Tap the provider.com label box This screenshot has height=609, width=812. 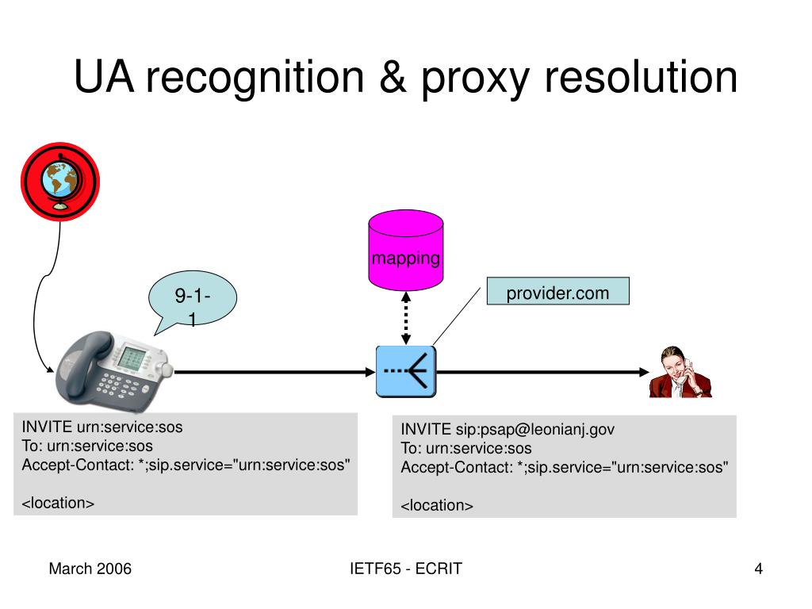point(557,293)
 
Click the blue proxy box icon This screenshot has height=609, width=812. point(406,371)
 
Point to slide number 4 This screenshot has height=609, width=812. point(759,569)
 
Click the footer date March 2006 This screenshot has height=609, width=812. point(90,569)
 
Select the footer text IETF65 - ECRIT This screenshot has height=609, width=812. point(405,569)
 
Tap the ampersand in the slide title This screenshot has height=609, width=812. point(393,78)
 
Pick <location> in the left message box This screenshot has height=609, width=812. point(58,504)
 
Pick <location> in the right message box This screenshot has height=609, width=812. point(437,506)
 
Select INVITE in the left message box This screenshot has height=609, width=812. point(47,427)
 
